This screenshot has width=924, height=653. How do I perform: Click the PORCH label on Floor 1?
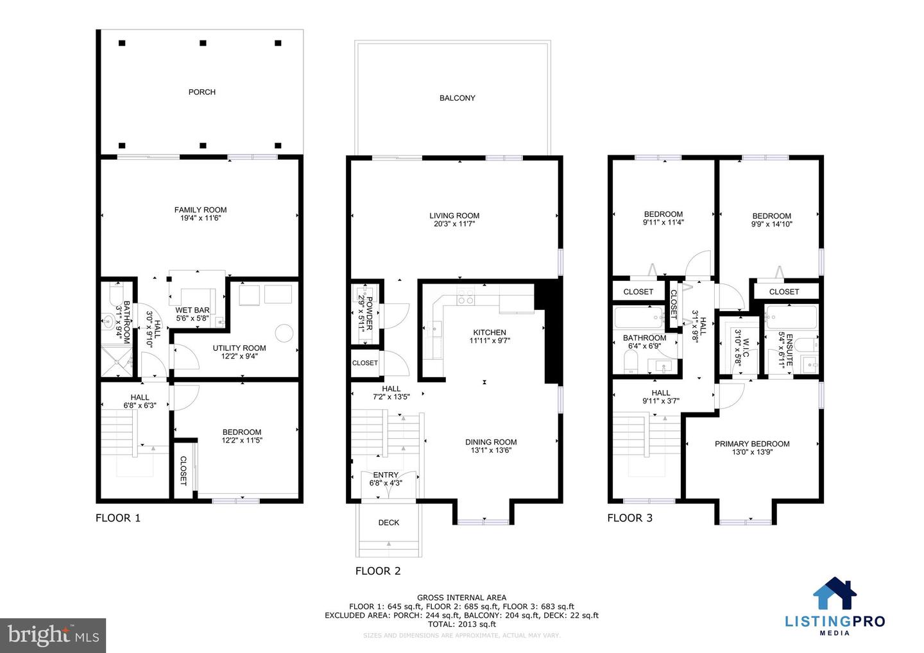(201, 92)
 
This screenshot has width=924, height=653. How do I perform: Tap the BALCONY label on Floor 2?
(457, 98)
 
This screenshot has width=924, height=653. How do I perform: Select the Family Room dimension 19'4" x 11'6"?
(200, 218)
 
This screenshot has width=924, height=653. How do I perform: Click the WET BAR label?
(193, 310)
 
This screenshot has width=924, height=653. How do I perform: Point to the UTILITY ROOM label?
(239, 348)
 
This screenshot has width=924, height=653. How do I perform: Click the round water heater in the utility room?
(284, 333)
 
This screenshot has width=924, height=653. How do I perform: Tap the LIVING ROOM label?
(454, 216)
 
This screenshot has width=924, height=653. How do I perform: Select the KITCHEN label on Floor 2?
(490, 332)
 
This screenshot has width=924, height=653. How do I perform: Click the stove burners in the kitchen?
(465, 297)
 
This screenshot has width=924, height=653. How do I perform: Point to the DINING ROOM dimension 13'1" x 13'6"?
(491, 450)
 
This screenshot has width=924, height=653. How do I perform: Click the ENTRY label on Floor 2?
(386, 475)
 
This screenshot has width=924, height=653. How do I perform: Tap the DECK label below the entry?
(388, 523)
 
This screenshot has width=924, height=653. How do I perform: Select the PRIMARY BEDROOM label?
(752, 444)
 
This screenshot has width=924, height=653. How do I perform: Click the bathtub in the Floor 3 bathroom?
(639, 317)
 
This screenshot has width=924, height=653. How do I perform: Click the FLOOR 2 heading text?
(378, 571)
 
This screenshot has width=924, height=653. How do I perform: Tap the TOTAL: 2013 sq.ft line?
(461, 624)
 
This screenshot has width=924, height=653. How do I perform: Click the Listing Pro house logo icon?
(835, 594)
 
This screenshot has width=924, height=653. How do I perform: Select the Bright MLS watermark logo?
(53, 635)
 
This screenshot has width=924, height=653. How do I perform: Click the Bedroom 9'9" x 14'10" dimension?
(771, 225)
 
